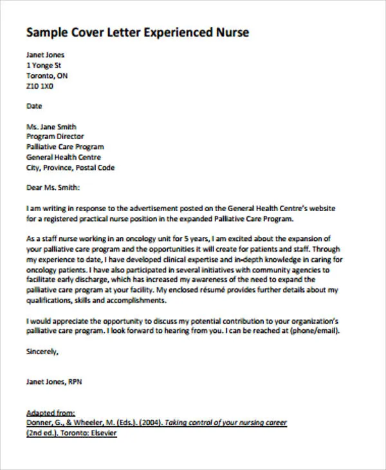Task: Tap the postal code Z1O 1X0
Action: (x=40, y=86)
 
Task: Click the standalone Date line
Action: (x=34, y=106)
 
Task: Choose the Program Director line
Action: (x=55, y=136)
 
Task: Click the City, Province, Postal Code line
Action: (x=70, y=167)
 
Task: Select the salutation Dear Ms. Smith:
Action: (x=53, y=188)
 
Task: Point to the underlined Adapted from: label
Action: (x=51, y=413)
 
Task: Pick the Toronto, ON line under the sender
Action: (x=47, y=75)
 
